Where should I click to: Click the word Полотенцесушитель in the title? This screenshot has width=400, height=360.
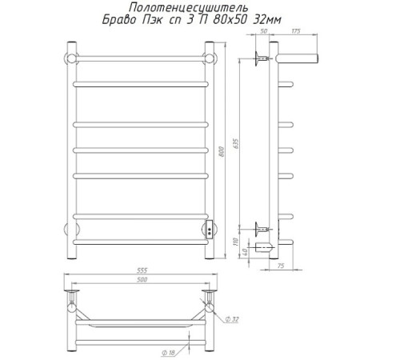tap(189, 8)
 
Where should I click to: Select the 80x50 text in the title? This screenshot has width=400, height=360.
tap(229, 20)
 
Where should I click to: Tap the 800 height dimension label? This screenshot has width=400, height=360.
tap(222, 151)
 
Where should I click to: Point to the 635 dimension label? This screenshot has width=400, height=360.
tap(236, 143)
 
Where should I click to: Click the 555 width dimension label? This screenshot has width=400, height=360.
tap(142, 270)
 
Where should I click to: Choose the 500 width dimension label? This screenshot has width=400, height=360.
tap(142, 279)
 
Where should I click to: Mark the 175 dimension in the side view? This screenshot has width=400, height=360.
tap(296, 31)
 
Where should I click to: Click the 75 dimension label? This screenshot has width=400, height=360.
tap(281, 266)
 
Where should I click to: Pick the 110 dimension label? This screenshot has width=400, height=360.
tap(235, 242)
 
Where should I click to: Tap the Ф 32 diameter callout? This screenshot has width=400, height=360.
tap(232, 319)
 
